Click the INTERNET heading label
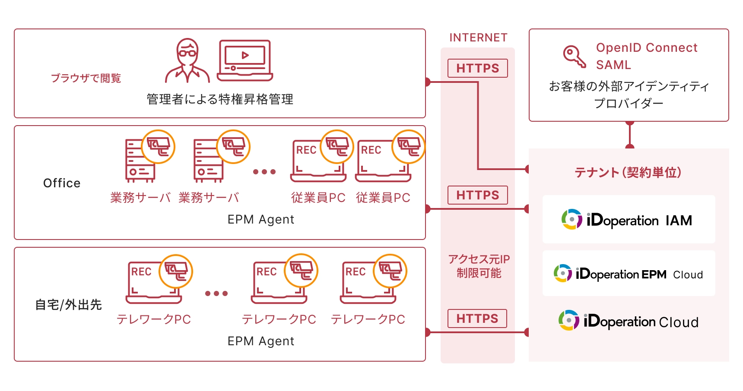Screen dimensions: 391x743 pos(478,38)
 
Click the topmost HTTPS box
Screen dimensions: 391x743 pos(477,68)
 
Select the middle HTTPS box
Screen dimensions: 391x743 pos(477,195)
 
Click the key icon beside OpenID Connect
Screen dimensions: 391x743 pos(574,57)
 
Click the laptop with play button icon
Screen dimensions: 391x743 pos(244,60)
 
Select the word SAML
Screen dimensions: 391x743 pos(613,65)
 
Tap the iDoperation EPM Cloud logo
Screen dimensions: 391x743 pos(628,274)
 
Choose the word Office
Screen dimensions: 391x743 pos(62,183)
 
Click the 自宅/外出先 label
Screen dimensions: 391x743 pos(68,305)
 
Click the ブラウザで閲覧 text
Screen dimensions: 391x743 pos(86,78)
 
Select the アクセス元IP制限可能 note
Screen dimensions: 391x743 pos(479,266)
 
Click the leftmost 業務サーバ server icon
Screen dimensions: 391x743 pos(140,160)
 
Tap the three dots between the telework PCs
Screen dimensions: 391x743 pos(216,293)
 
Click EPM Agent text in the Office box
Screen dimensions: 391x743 pos(260,220)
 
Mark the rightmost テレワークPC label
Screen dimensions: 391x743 pos(368,319)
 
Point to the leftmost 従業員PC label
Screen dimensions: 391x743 pos(318,198)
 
